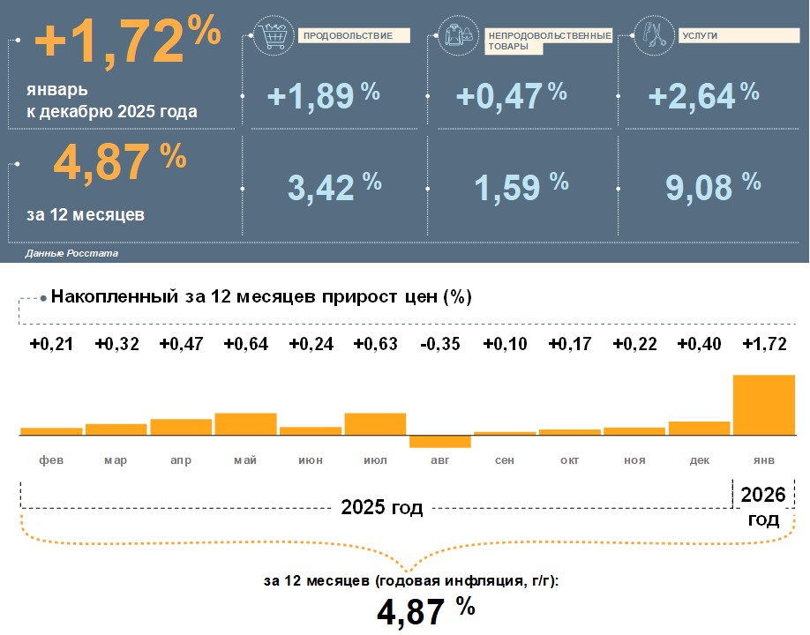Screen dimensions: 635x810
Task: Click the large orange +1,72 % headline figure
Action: [x=128, y=42]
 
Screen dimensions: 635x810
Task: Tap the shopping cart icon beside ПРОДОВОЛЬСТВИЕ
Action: [x=271, y=35]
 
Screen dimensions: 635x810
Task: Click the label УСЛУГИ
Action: [x=700, y=36]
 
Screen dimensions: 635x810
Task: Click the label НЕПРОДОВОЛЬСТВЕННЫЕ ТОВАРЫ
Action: [x=549, y=41]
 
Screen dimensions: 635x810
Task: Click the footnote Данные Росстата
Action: [x=71, y=253]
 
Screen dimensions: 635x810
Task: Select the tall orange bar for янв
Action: [x=764, y=405]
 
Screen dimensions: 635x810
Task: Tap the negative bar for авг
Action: [x=440, y=442]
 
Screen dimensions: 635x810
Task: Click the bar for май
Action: [x=245, y=424]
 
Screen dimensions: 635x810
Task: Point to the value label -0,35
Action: [x=440, y=343]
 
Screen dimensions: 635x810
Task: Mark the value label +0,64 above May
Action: [x=246, y=343]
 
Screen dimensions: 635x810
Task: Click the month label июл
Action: [x=376, y=460]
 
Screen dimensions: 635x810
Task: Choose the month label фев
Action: [x=51, y=460]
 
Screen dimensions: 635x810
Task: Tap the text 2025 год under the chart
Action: [x=382, y=508]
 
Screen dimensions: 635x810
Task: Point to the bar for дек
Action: [x=700, y=429]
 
